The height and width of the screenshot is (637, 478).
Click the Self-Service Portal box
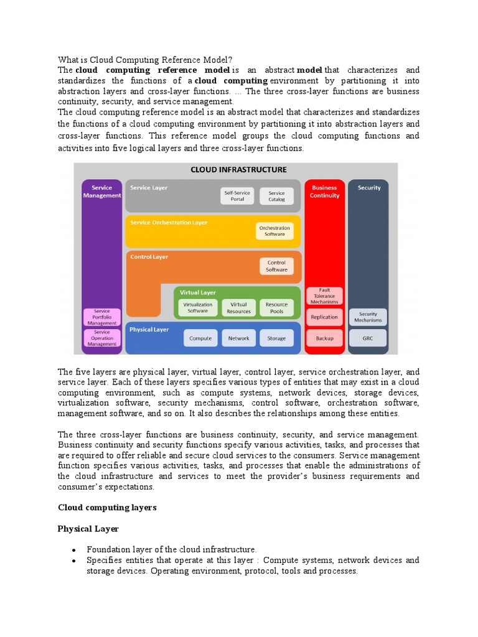[x=238, y=196]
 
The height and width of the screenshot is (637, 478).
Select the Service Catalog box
[x=276, y=196]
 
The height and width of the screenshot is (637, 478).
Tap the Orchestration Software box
[x=274, y=231]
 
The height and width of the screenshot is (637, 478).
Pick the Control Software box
[x=276, y=266]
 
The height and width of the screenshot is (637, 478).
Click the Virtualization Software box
[x=198, y=307]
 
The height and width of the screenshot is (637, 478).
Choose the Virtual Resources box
[x=238, y=307]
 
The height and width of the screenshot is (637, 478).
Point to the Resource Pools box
[x=276, y=307]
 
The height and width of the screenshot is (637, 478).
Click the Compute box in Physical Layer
[x=200, y=338]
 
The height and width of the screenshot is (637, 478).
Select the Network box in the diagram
[x=238, y=338]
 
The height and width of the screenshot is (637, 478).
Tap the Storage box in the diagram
[x=276, y=338]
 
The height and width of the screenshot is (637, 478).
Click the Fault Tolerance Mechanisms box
[x=324, y=295]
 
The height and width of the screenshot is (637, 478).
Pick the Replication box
[x=324, y=317]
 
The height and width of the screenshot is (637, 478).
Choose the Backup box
[x=324, y=338]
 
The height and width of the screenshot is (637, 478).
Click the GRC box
[x=368, y=338]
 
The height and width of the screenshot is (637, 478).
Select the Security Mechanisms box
[x=368, y=317]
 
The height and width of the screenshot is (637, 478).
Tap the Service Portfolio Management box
[x=101, y=317]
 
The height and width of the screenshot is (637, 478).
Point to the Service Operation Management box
[x=101, y=338]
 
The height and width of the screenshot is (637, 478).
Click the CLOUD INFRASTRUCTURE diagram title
[x=238, y=169]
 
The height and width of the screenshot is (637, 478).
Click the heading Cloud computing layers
[x=107, y=508]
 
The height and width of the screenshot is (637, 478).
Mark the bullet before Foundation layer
[x=73, y=551]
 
